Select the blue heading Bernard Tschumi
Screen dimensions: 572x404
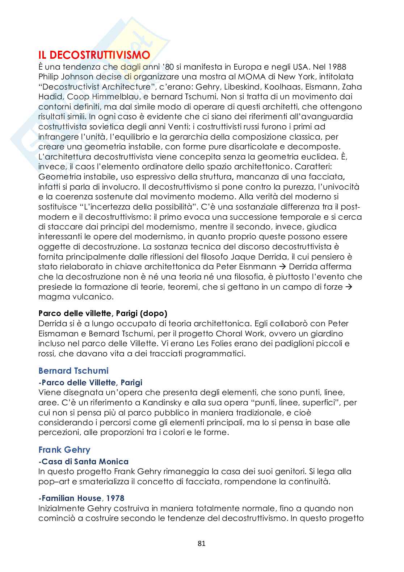(73, 370)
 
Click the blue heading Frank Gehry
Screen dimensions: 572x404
(64, 449)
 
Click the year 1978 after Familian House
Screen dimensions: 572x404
(114, 498)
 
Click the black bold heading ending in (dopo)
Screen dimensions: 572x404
(102, 313)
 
